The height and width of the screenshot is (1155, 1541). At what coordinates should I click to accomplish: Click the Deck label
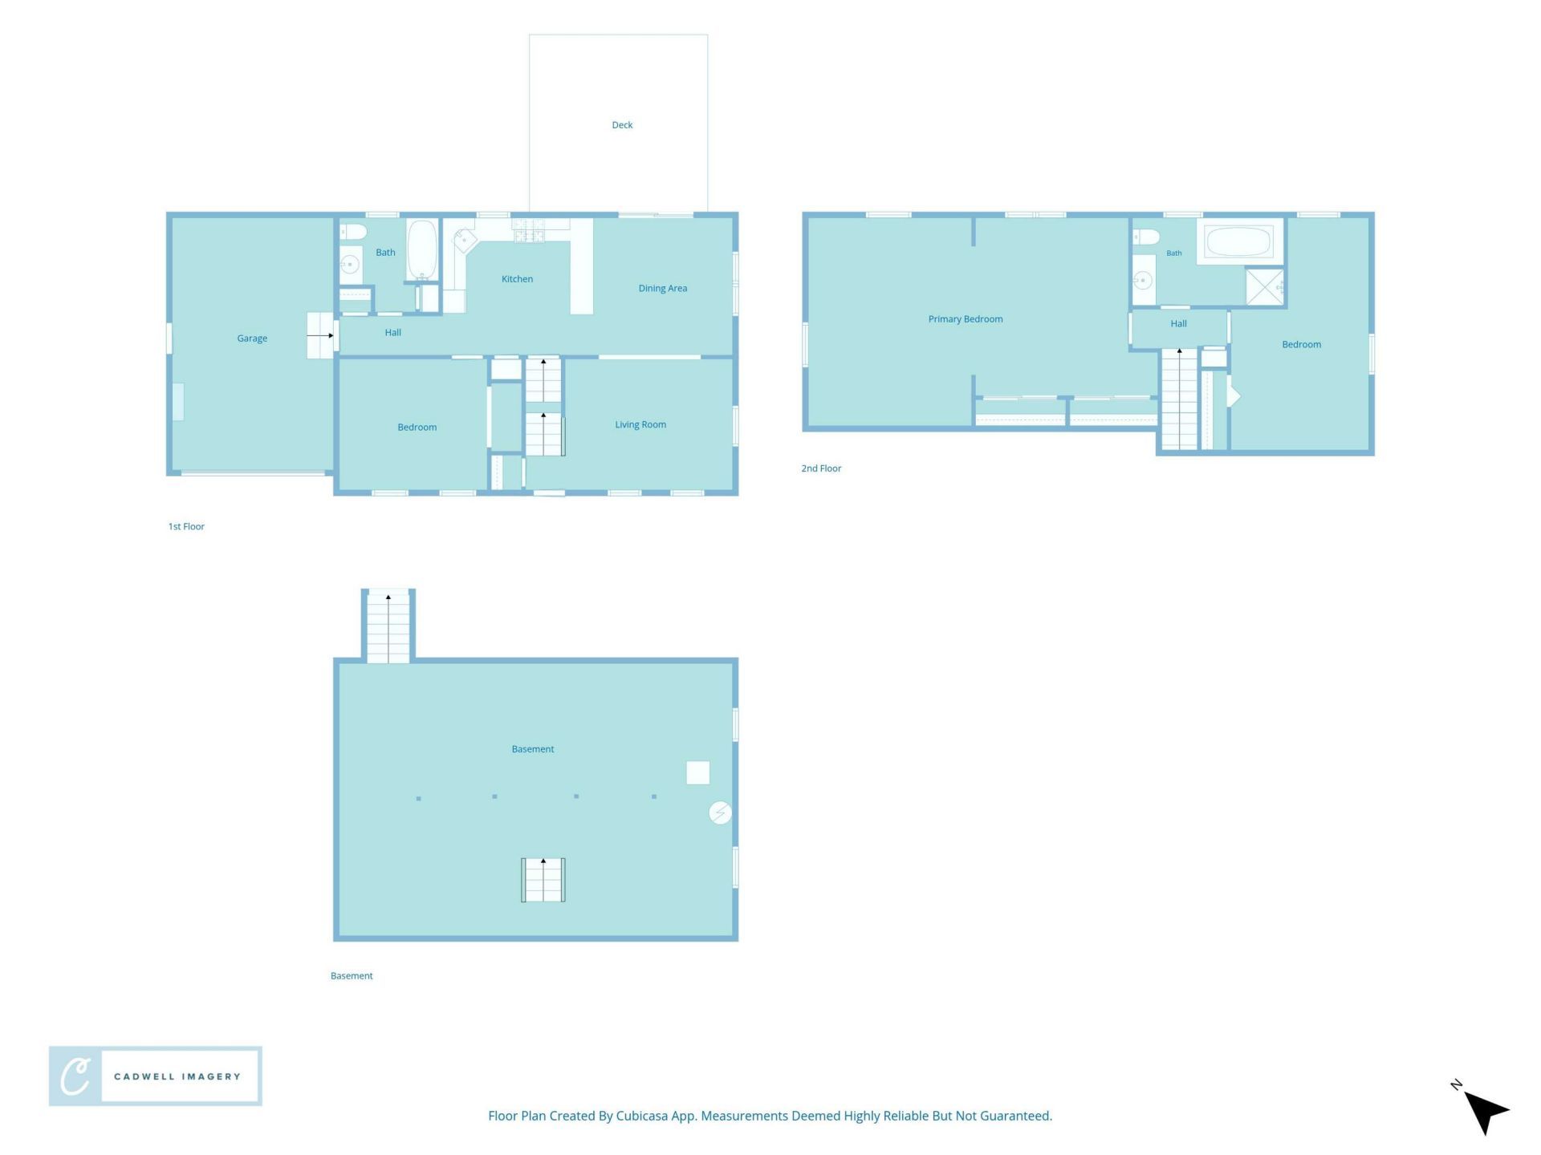(622, 125)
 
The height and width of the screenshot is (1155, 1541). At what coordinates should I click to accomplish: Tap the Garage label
(252, 338)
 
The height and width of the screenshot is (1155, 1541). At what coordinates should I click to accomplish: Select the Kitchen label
(517, 279)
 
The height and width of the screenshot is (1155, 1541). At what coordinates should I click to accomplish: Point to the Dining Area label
(663, 289)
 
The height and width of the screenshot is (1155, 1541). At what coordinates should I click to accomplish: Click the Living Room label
(640, 425)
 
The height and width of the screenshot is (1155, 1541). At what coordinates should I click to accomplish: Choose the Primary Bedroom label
(966, 319)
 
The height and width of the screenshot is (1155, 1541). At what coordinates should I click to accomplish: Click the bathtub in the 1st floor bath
(422, 249)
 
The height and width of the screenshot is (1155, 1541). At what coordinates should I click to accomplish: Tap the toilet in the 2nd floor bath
(1146, 237)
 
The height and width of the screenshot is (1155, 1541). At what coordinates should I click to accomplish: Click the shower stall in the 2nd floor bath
(1264, 286)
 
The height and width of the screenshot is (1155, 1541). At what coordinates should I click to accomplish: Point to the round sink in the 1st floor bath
(350, 264)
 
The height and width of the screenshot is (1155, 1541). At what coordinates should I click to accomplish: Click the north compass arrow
(1486, 1112)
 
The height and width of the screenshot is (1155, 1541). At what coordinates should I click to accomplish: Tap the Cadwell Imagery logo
(156, 1076)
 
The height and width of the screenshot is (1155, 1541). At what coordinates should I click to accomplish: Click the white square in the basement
(698, 773)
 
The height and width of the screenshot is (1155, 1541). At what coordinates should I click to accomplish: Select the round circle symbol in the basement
(720, 813)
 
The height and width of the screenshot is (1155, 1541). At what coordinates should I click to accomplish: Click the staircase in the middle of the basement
(543, 880)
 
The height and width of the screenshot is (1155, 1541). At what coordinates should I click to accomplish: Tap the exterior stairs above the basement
(388, 626)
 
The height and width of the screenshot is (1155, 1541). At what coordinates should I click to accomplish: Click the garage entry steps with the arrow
(320, 335)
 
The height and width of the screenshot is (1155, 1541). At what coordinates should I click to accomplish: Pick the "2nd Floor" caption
(821, 468)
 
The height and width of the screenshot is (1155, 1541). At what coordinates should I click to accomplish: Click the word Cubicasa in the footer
(641, 1116)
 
